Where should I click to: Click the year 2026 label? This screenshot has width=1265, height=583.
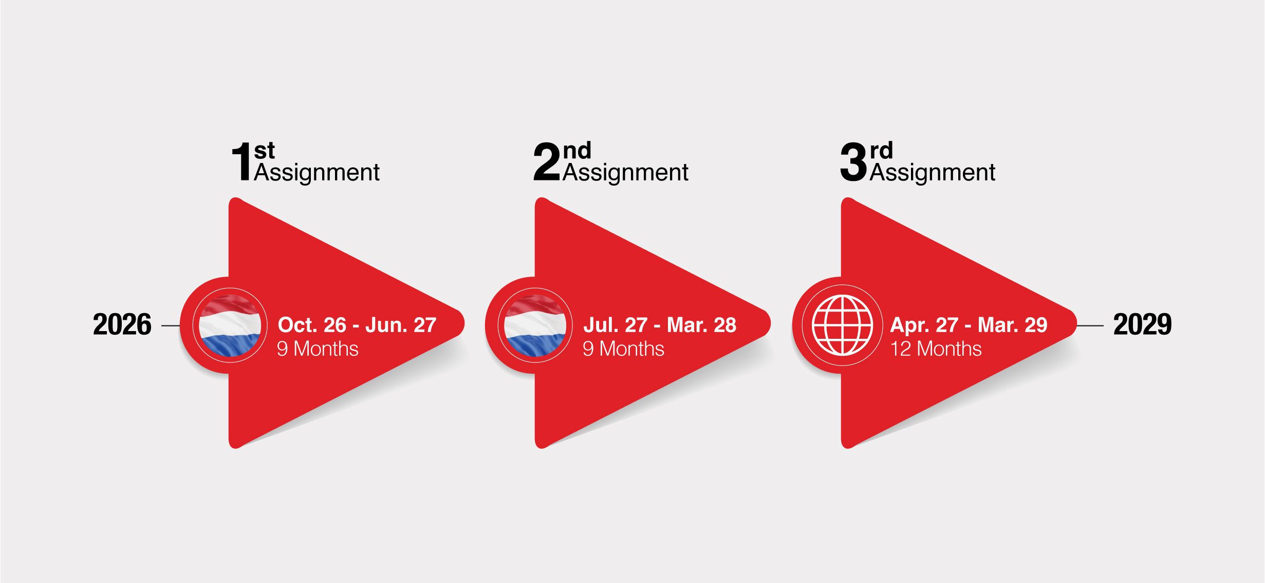tap(122, 324)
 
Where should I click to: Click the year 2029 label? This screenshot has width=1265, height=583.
tap(1142, 324)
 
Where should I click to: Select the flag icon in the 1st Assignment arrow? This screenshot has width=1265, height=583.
tap(230, 325)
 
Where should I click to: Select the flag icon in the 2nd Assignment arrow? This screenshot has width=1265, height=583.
tap(535, 325)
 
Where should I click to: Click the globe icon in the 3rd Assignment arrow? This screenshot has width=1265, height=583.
tap(842, 325)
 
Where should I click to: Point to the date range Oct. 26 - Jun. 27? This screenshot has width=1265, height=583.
tap(357, 325)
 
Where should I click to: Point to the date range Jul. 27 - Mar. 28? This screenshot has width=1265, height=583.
tap(660, 325)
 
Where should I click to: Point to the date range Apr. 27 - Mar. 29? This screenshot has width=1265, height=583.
tap(969, 325)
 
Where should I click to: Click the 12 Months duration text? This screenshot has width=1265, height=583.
tap(936, 349)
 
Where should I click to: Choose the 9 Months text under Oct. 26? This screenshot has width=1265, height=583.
tap(318, 349)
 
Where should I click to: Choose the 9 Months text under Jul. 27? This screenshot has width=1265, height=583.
tap(623, 349)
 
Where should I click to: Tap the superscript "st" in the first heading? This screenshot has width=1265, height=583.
tap(265, 151)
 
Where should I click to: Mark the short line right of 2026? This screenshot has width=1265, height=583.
tap(171, 325)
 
